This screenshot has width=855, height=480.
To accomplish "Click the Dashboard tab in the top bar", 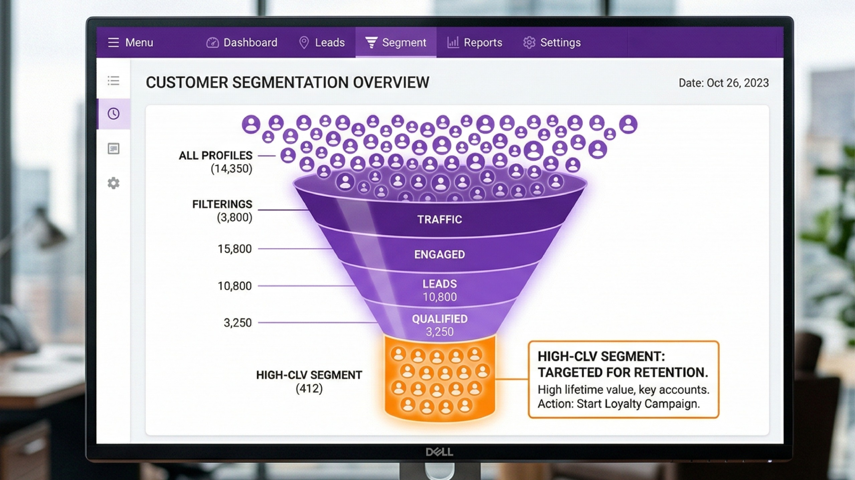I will (242, 43).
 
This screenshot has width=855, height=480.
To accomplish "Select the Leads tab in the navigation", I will (322, 43).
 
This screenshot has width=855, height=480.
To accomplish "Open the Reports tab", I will (475, 43).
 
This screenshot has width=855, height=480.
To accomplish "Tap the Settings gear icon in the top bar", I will (529, 43).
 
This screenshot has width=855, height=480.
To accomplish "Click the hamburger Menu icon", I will (114, 43).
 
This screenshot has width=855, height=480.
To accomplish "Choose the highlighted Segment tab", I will (396, 43).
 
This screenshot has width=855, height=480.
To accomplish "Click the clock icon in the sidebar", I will (114, 114).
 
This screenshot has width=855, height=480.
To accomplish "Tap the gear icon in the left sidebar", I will (114, 183).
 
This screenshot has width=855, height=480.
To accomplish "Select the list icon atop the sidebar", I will (114, 81).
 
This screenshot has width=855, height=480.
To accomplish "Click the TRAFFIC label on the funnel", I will (440, 219).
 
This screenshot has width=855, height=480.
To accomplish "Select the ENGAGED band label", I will (440, 255).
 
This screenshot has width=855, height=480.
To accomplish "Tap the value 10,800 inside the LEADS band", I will (440, 297).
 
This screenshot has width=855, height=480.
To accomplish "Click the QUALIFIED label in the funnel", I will (440, 319).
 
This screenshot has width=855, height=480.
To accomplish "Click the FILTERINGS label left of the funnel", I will (222, 204).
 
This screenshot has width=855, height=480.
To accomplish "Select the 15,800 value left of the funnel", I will (234, 249).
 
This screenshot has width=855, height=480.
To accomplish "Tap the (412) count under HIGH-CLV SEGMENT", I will (309, 389).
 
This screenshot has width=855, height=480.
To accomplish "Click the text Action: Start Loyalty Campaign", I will (619, 404).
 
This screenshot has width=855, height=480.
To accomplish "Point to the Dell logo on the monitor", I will (440, 452).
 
